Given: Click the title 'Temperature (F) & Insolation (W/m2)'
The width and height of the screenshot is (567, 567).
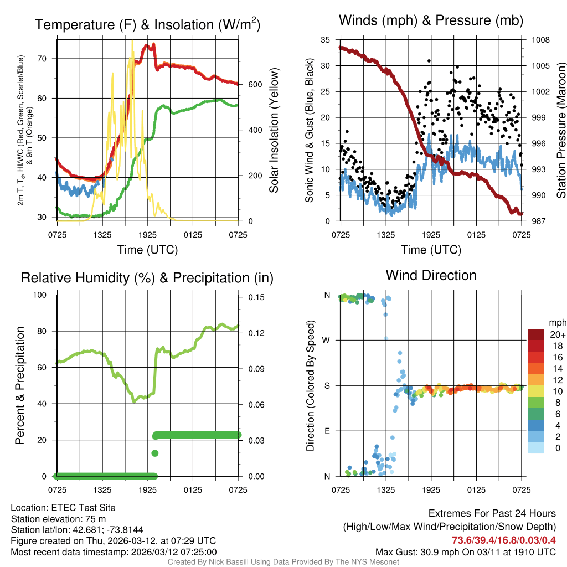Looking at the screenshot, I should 147,24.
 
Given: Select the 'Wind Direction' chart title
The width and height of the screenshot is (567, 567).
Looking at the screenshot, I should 431,275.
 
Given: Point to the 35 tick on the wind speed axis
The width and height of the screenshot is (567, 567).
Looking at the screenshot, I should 326,40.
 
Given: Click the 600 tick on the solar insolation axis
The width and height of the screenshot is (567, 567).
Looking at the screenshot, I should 254,84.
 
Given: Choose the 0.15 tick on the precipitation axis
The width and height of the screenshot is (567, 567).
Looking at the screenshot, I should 255,297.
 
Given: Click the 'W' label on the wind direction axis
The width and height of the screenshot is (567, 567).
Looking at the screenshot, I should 327,340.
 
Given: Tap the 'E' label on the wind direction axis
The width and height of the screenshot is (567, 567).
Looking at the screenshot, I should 327,431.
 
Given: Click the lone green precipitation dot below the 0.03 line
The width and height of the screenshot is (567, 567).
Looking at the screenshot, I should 155,453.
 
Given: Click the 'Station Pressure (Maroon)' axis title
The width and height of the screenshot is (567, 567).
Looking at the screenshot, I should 560,130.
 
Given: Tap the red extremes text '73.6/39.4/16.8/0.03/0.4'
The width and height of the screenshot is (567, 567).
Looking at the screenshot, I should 504,540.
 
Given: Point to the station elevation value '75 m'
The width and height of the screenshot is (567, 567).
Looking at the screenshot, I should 95,518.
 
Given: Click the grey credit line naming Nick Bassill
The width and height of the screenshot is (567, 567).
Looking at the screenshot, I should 283,562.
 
